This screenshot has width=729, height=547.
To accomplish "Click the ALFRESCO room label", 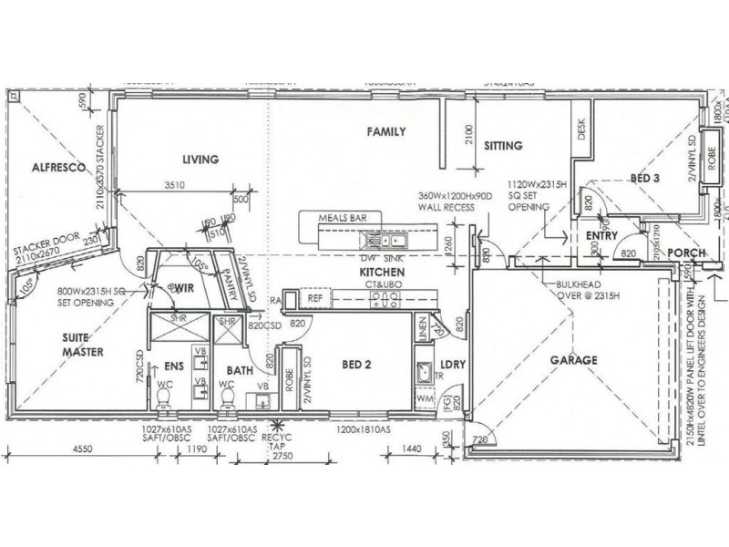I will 56,168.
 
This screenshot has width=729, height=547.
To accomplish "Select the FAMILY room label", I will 385,132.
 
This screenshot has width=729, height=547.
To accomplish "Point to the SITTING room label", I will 502,146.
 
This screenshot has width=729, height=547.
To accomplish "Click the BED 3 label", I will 644,179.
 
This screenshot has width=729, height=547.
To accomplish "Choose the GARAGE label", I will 573,360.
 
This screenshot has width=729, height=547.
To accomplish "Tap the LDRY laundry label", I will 453,365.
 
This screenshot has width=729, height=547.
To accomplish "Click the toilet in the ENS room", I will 163,397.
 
